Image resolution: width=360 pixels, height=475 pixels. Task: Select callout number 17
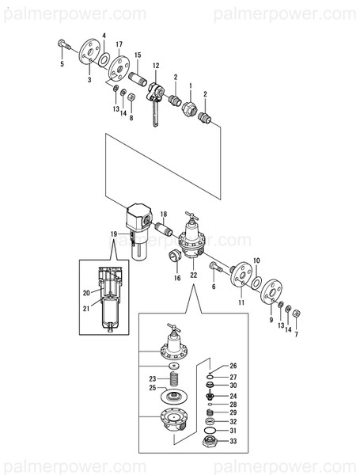119,45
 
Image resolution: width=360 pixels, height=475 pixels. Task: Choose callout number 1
190,83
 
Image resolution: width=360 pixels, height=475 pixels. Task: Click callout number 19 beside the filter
114,234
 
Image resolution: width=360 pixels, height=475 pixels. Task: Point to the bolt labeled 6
218,268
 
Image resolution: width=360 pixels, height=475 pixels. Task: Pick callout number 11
241,302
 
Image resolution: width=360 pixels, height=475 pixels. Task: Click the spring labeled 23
173,378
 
